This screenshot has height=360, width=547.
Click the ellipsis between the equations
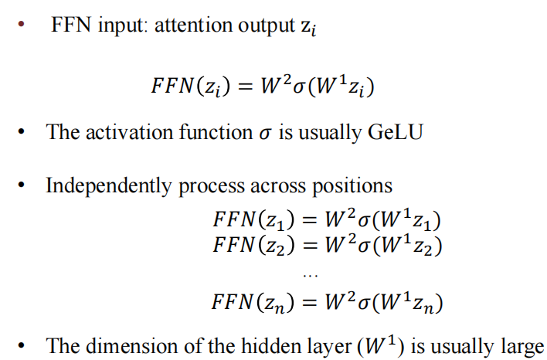click(310, 273)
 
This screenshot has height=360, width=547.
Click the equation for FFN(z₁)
click(327, 220)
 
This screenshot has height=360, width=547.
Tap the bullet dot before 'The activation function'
click(25, 132)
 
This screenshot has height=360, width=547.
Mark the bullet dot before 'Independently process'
click(25, 186)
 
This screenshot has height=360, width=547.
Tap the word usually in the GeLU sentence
click(324, 132)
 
